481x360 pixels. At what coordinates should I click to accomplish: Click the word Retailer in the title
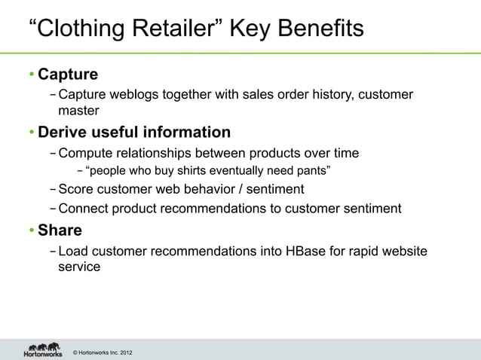pos(170,29)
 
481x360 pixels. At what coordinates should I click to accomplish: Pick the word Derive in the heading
pos(63,133)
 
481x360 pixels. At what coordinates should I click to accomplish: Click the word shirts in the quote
pos(191,171)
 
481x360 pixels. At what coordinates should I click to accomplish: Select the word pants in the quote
pos(309,171)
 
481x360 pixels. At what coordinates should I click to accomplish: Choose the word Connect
pos(84,208)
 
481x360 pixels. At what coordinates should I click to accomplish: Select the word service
pos(79,266)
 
